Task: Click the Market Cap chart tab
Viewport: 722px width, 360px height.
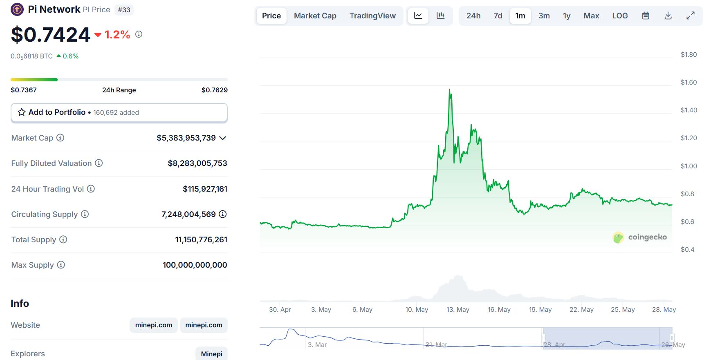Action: [x=315, y=16]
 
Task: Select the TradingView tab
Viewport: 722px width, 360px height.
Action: [x=372, y=16]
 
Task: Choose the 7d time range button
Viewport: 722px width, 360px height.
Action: [x=498, y=16]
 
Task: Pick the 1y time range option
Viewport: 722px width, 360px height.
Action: [x=566, y=16]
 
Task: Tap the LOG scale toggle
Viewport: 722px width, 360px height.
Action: [x=620, y=16]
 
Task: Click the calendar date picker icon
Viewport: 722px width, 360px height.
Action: [x=646, y=16]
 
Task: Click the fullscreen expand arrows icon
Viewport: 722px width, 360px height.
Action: [x=690, y=16]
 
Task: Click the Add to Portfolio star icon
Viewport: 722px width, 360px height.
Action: [x=22, y=112]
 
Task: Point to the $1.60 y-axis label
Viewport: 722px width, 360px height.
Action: [x=688, y=83]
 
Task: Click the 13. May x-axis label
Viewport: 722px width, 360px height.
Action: [x=457, y=310]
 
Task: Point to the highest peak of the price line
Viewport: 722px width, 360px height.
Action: [x=450, y=90]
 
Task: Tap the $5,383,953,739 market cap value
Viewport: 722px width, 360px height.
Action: [x=186, y=138]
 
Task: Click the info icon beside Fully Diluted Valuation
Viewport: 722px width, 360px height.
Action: [x=99, y=163]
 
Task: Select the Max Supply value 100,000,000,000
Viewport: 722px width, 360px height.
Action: [x=195, y=265]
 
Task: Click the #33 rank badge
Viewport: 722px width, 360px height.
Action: [x=124, y=10]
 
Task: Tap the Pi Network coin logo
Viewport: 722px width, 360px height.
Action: [x=17, y=9]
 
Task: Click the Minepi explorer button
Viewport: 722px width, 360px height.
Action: [x=211, y=354]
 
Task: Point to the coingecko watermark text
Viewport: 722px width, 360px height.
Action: [x=647, y=237]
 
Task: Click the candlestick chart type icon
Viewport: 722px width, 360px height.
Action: [x=440, y=16]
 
